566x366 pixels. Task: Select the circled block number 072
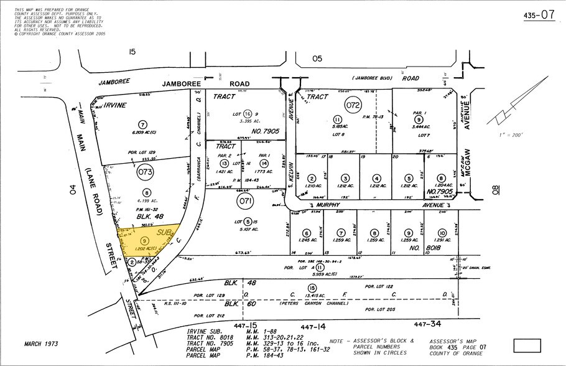click(353, 105)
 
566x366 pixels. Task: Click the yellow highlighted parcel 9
click(144, 240)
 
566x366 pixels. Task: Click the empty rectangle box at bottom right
click(528, 345)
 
